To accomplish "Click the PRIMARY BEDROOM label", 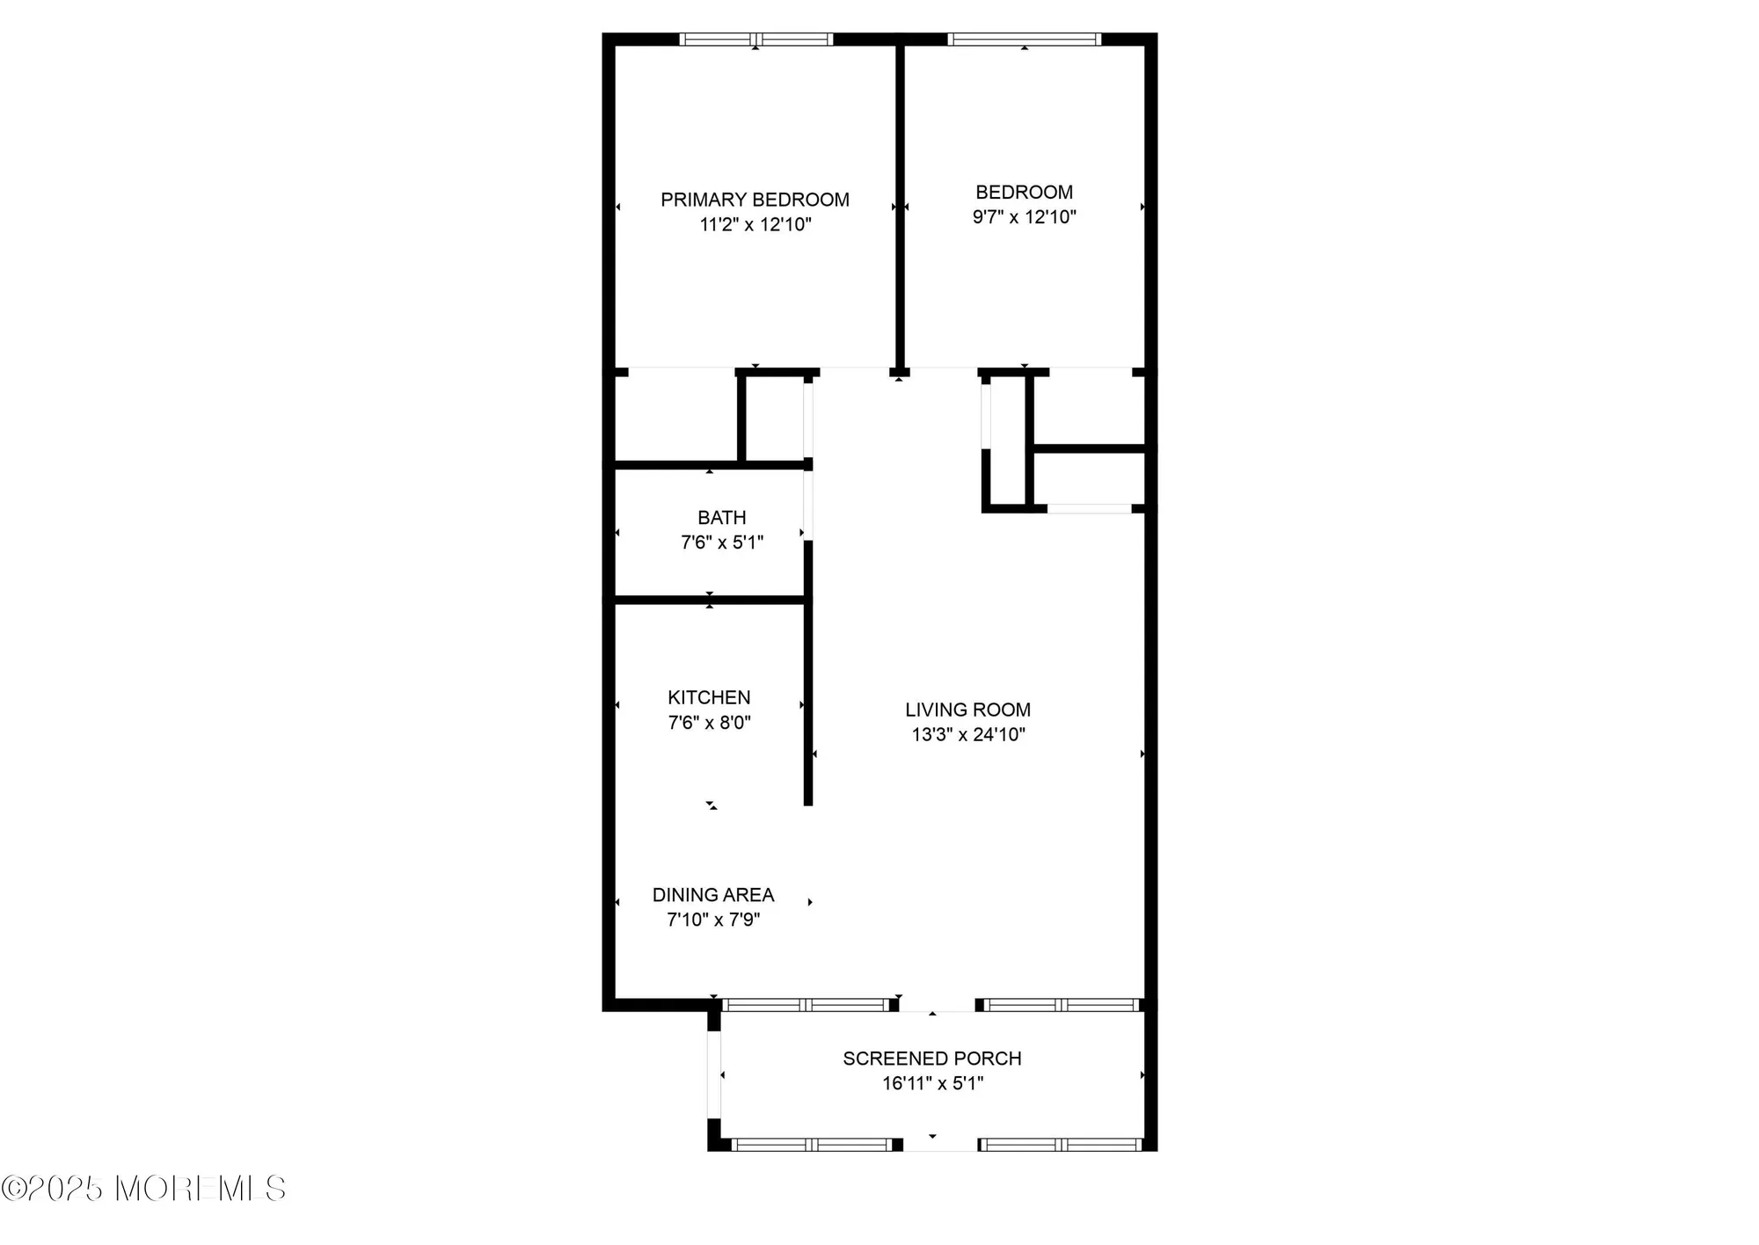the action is pyautogui.click(x=755, y=200).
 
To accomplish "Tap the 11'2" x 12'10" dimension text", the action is pyautogui.click(x=755, y=224).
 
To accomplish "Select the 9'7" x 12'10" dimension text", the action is pyautogui.click(x=1024, y=216).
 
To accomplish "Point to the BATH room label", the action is pyautogui.click(x=721, y=518).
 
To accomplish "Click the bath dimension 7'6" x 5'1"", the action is pyautogui.click(x=721, y=542).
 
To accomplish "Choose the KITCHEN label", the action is pyautogui.click(x=709, y=697).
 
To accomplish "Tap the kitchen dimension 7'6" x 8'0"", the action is pyautogui.click(x=709, y=723).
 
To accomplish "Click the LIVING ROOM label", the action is pyautogui.click(x=967, y=710).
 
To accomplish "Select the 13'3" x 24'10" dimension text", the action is pyautogui.click(x=967, y=734).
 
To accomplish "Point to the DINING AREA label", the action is pyautogui.click(x=712, y=895).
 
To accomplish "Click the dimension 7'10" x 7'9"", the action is pyautogui.click(x=712, y=920).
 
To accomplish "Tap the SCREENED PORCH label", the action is pyautogui.click(x=932, y=1059).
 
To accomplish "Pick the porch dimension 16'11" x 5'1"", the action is pyautogui.click(x=932, y=1083).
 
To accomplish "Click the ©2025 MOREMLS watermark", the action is pyautogui.click(x=143, y=1189).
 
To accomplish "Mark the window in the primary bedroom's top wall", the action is pyautogui.click(x=756, y=39).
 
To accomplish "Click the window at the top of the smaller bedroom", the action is pyautogui.click(x=1024, y=39).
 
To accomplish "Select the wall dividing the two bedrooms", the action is pyautogui.click(x=900, y=207).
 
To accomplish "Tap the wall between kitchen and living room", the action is pyautogui.click(x=808, y=673).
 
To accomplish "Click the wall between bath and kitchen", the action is pyautogui.click(x=709, y=601).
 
